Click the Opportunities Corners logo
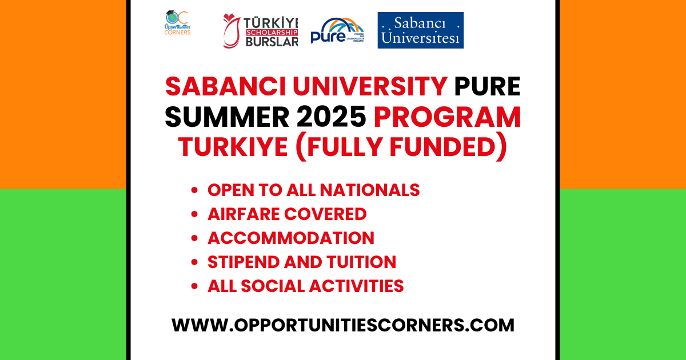pos(177,24)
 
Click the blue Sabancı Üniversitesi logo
pos(420,30)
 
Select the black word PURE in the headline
pos(487,87)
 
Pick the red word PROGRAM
pos(448,118)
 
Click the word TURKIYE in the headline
pos(233,147)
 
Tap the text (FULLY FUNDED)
pos(401,147)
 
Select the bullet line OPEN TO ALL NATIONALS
pos(313,190)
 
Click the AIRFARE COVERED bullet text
pos(287,214)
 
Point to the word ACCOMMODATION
pos(290,238)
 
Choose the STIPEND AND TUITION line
pos(301,262)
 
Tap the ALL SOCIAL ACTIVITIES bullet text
pos(305,286)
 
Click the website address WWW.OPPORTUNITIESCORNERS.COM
pos(343,325)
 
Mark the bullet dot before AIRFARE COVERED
pos(196,215)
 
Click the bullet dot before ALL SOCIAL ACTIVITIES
pos(196,286)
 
